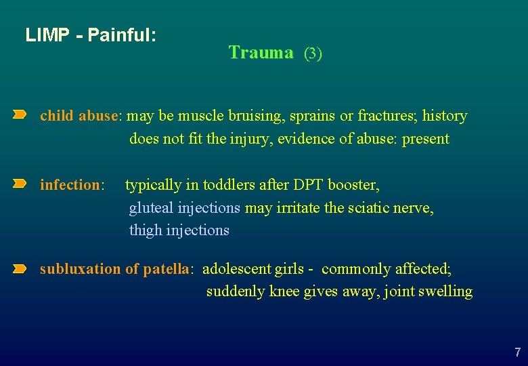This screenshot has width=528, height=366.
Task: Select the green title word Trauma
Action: coord(261,52)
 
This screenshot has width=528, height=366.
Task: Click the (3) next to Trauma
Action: coord(313,54)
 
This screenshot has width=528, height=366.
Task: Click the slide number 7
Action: coord(517,352)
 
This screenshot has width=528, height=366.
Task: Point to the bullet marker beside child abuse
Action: coord(20,116)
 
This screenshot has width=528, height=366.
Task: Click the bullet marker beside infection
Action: coord(20,184)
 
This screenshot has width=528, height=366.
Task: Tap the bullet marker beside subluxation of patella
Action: coord(20,269)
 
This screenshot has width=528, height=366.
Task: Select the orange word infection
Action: coord(70,184)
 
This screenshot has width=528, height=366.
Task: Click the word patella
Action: coord(166,269)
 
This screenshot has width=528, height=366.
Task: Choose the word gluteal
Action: coord(150,207)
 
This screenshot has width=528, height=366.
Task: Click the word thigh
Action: coord(146,230)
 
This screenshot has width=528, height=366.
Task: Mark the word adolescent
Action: coord(237,269)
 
